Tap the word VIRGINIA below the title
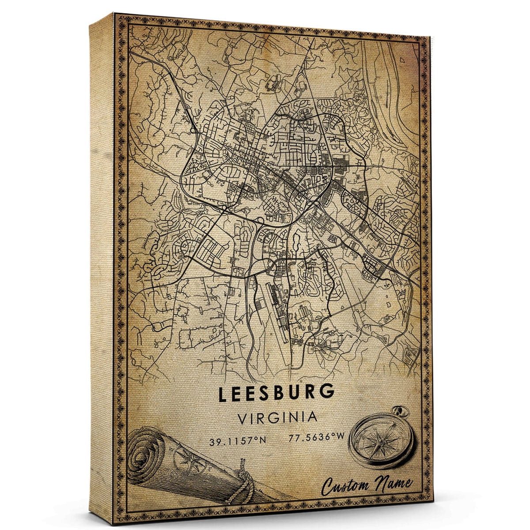[x=277, y=417]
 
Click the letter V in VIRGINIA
[x=242, y=417]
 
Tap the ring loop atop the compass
[x=402, y=413]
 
